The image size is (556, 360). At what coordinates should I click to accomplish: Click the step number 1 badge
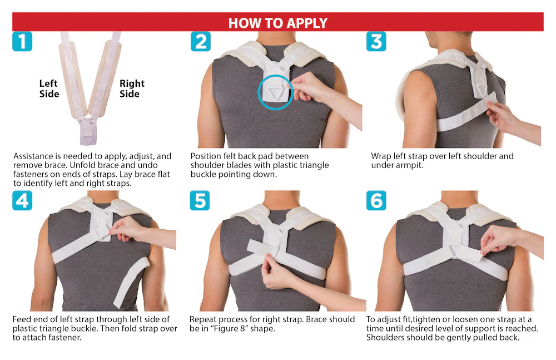(x=22, y=42)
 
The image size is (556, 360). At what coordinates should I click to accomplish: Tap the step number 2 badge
(x=201, y=42)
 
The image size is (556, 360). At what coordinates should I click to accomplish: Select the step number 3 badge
(x=376, y=42)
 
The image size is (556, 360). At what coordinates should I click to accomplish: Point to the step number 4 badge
(x=22, y=201)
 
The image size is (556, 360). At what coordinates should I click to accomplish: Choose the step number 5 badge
(x=200, y=201)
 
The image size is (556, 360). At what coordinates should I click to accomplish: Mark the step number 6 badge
(x=376, y=201)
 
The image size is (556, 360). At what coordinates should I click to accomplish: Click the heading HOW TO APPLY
(x=277, y=23)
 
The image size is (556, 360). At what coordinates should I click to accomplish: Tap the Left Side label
(x=49, y=88)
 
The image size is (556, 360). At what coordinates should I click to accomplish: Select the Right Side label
(x=132, y=88)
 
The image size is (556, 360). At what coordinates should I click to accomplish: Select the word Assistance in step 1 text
(x=33, y=156)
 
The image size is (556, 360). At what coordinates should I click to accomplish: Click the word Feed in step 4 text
(x=21, y=319)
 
